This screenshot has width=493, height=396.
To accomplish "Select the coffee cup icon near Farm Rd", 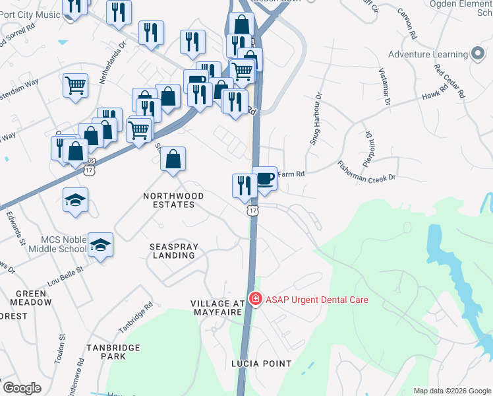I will pyautogui.click(x=265, y=178).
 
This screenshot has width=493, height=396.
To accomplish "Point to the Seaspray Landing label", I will pyautogui.click(x=174, y=251).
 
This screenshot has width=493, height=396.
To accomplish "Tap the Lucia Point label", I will pyautogui.click(x=261, y=364).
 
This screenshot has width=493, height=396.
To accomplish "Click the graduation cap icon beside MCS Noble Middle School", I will pyautogui.click(x=100, y=246).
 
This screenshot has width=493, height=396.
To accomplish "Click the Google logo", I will pyautogui.click(x=22, y=388).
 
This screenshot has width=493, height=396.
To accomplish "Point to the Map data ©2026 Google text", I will pyautogui.click(x=453, y=391).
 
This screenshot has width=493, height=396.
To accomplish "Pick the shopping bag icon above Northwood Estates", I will pyautogui.click(x=173, y=159).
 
